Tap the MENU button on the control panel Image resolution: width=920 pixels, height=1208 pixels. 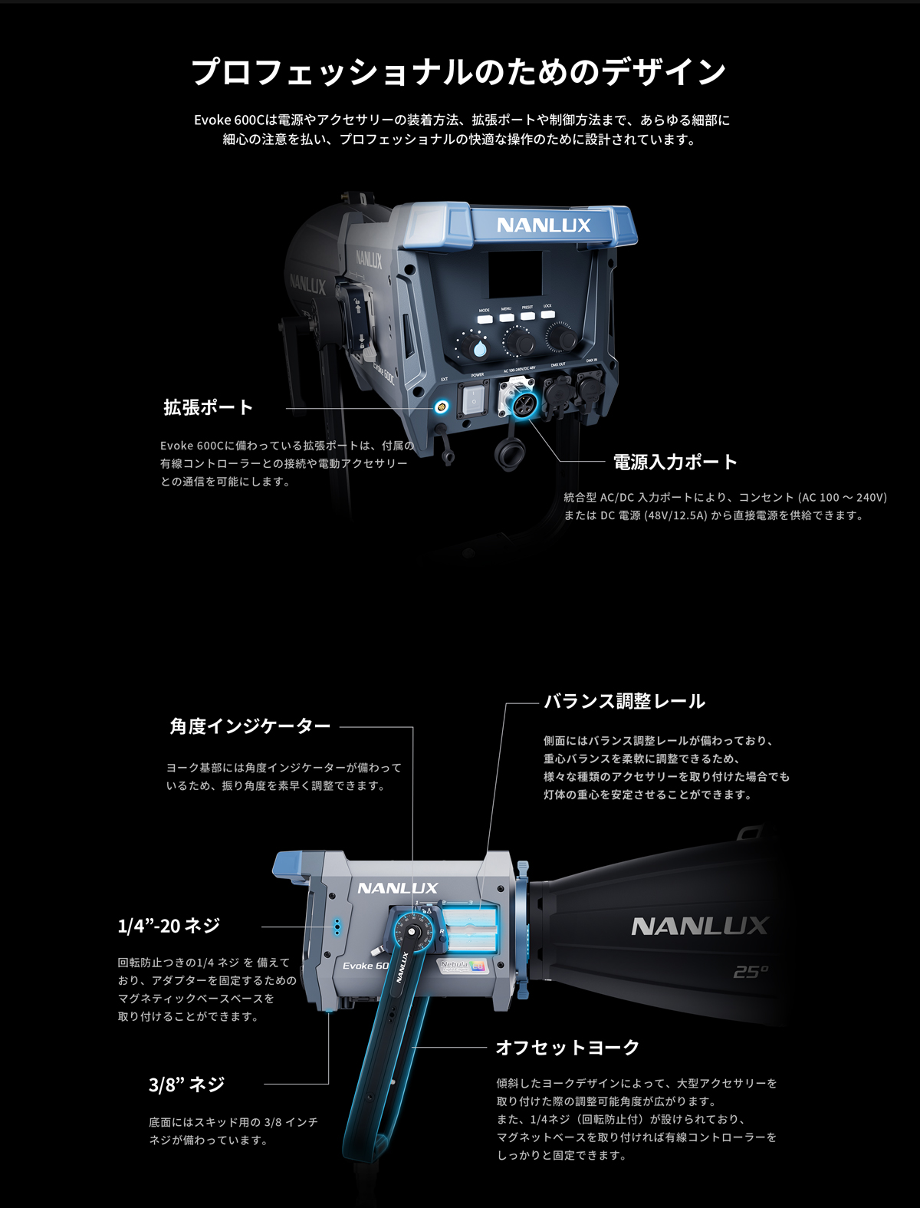(x=507, y=316)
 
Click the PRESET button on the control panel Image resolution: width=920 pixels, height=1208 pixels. (x=527, y=314)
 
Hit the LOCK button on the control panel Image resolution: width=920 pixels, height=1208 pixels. (x=547, y=313)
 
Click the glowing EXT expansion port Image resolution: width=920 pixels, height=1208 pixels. (x=441, y=407)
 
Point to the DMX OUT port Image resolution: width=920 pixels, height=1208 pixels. (x=557, y=391)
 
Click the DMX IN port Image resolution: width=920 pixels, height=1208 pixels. (x=590, y=387)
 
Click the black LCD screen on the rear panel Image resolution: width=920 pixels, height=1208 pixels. (x=515, y=275)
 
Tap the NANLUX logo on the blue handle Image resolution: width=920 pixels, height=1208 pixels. (x=544, y=225)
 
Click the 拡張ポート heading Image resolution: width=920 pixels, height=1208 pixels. (x=208, y=407)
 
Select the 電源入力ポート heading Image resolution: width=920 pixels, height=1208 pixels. (x=675, y=462)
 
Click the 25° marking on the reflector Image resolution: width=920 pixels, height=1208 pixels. (x=750, y=972)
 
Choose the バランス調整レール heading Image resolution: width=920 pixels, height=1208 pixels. (x=624, y=701)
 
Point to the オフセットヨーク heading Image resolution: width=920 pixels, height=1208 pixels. (x=567, y=1047)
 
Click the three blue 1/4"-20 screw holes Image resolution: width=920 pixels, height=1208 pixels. (x=336, y=927)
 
